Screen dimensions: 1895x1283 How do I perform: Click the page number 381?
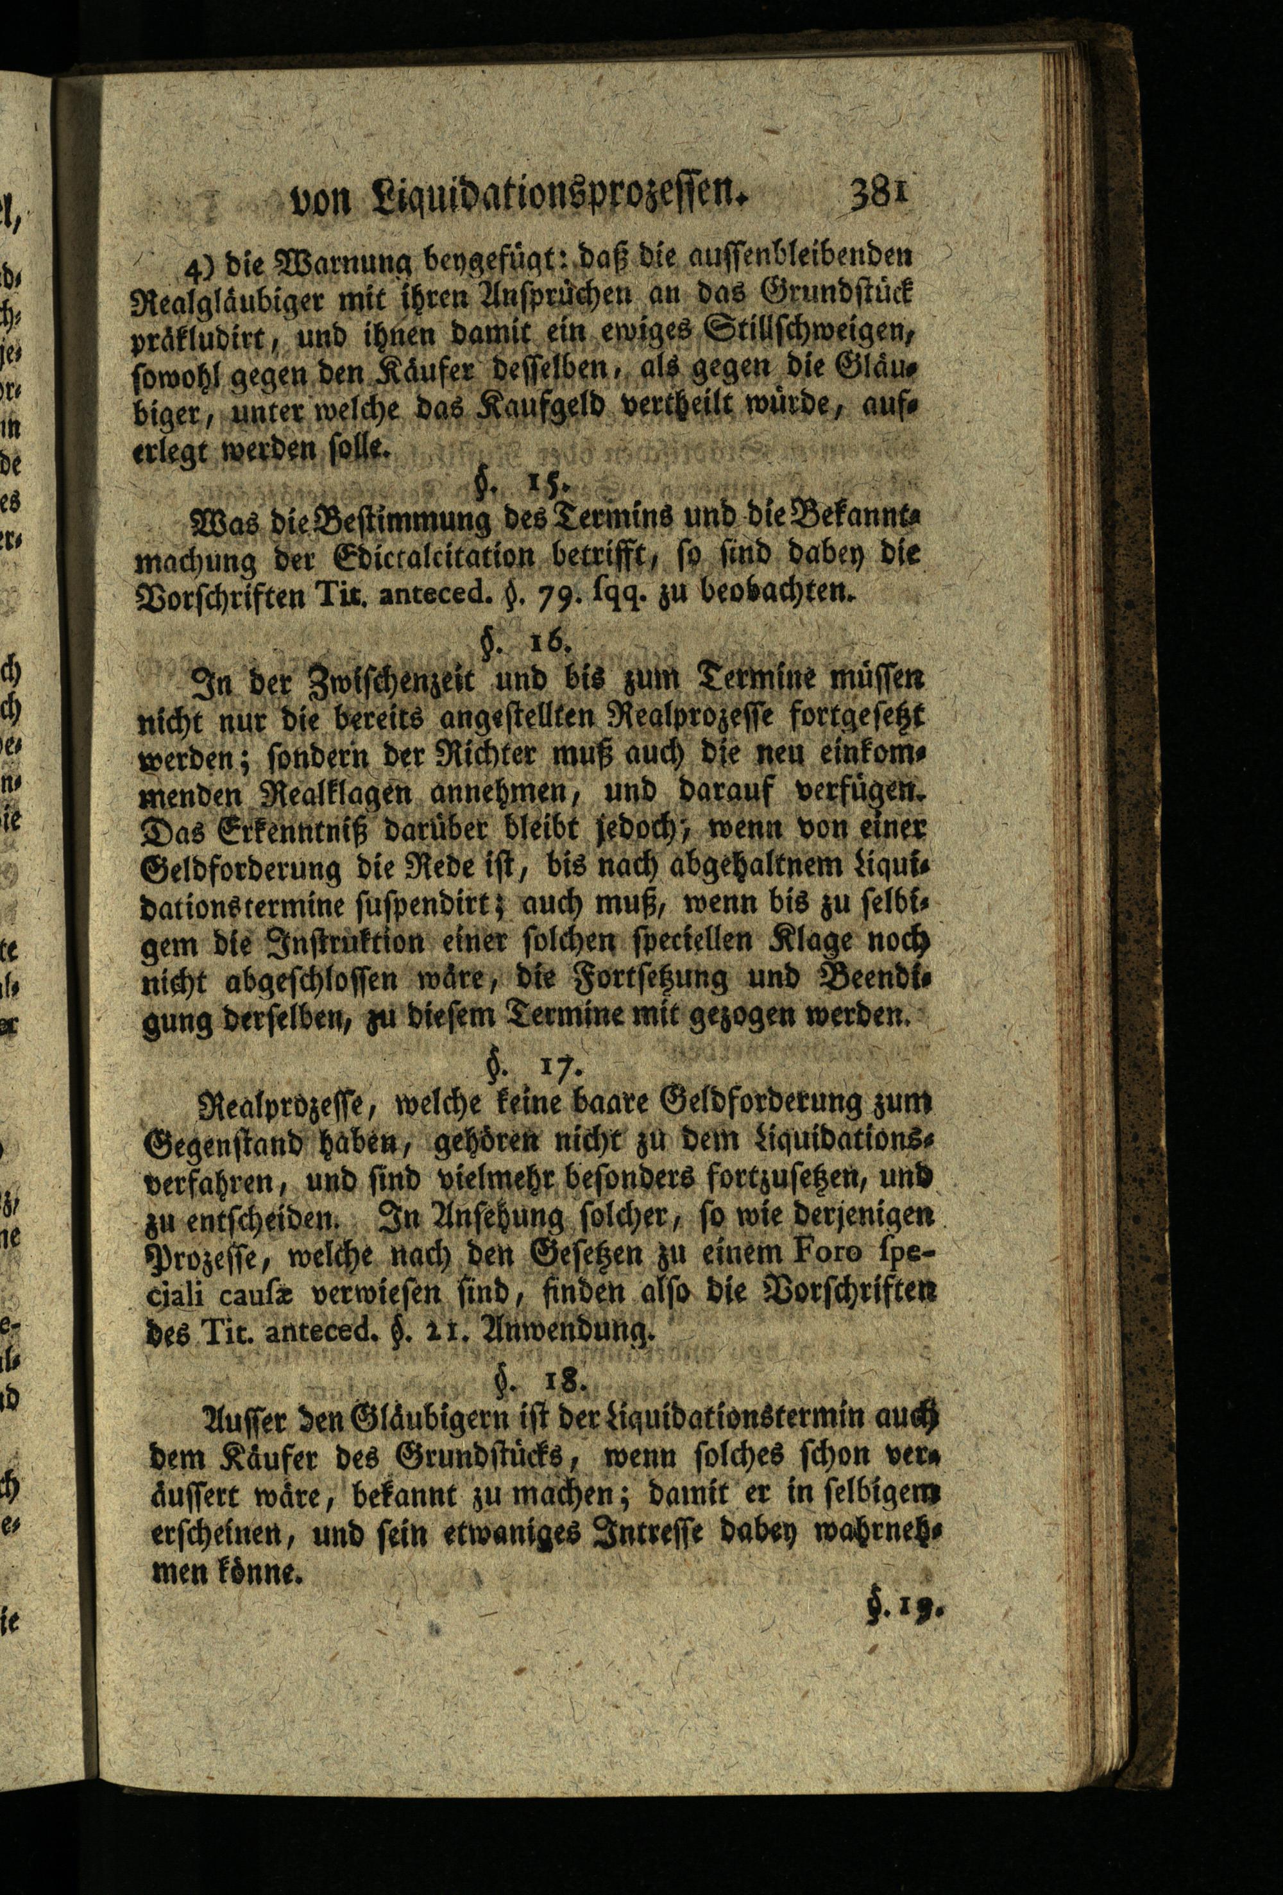(x=879, y=197)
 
